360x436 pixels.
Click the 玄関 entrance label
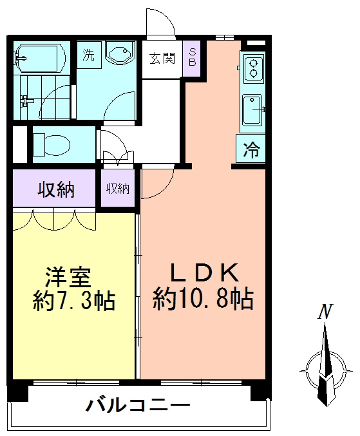click(x=162, y=59)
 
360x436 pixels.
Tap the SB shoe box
click(x=193, y=59)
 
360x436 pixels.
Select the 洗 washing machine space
click(x=89, y=55)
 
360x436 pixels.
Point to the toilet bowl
click(x=52, y=144)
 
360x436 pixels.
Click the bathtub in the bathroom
click(x=40, y=58)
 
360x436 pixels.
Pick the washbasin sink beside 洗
click(x=120, y=53)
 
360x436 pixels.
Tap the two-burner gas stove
click(x=254, y=67)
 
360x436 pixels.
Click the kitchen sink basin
click(x=252, y=110)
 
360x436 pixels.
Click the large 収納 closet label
click(x=56, y=190)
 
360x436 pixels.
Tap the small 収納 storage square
click(x=118, y=188)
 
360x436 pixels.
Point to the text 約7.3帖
click(x=73, y=301)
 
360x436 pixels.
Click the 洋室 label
click(x=68, y=277)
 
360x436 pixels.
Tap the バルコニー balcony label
click(x=138, y=405)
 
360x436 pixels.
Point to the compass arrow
click(x=326, y=364)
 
